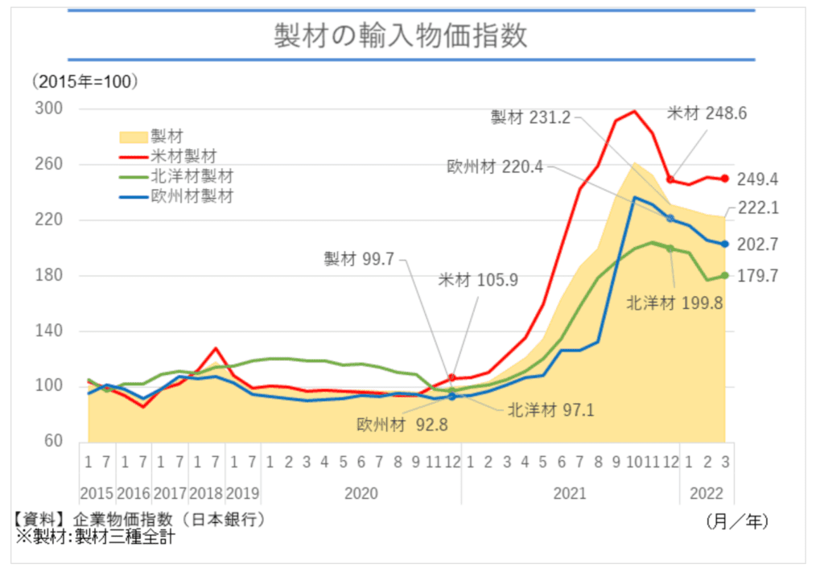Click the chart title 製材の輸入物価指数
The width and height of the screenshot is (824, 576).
point(412,36)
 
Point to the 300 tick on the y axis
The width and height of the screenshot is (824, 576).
point(51,109)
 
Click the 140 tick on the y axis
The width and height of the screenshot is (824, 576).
point(51,331)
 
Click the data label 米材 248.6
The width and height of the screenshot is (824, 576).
point(707,113)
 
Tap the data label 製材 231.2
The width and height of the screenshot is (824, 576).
point(530,117)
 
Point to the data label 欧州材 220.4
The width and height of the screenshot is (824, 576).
point(496,167)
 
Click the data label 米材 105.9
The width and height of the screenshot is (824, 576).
point(477,281)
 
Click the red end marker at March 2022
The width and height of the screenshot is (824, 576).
point(724,179)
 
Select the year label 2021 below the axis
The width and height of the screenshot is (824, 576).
point(570,493)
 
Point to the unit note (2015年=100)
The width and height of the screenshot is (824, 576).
point(84,81)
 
